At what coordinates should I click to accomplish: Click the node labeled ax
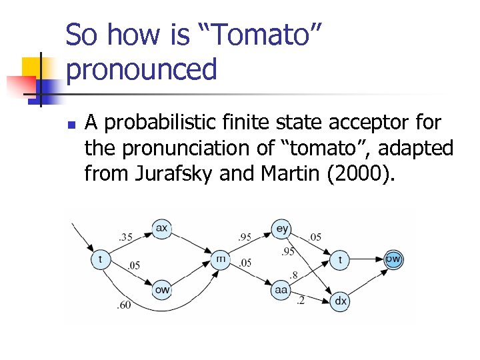(161, 229)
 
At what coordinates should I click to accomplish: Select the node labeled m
(220, 259)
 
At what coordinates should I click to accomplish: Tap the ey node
(282, 229)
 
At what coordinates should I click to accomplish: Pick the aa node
(281, 290)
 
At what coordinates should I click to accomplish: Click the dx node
(340, 301)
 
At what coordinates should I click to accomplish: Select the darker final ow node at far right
(393, 259)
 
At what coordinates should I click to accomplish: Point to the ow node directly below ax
(161, 290)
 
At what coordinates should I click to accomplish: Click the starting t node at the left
(101, 259)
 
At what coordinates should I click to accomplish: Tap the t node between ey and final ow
(340, 259)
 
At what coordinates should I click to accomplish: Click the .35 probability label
(125, 236)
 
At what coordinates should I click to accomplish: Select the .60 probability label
(125, 305)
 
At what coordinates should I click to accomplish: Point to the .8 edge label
(294, 275)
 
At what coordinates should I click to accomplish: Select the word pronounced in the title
(142, 69)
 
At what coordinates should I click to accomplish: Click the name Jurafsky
(162, 175)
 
